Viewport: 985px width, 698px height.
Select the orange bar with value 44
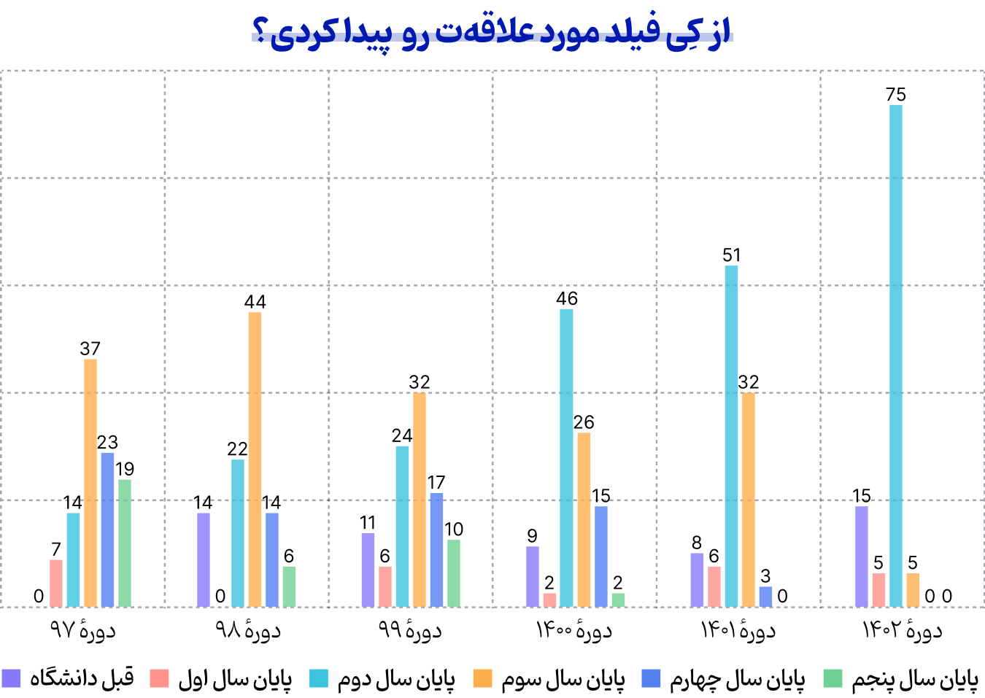[255, 459]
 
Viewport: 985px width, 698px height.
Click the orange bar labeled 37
[90, 483]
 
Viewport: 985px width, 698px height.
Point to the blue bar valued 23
[107, 530]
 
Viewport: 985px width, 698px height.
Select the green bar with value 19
[125, 543]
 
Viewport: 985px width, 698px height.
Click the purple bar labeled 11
[368, 570]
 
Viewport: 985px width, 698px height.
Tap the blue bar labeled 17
[436, 550]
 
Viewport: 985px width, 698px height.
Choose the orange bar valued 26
[584, 519]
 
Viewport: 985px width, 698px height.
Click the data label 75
[895, 95]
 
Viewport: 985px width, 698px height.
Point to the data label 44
[255, 302]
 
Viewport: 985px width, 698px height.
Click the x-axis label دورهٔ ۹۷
[82, 630]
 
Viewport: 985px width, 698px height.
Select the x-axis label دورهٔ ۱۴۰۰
[574, 630]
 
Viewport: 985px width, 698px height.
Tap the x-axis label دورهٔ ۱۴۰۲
[903, 630]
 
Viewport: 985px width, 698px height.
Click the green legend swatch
[833, 679]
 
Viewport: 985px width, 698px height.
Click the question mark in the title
[260, 34]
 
